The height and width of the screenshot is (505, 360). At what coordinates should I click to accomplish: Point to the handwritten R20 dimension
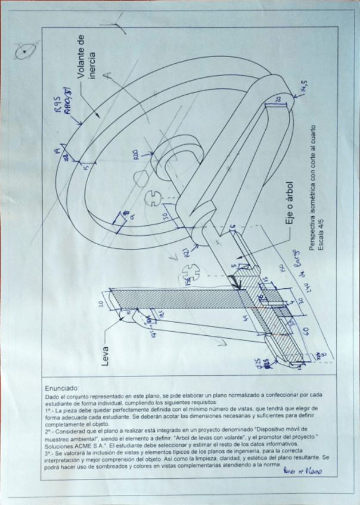[136, 156]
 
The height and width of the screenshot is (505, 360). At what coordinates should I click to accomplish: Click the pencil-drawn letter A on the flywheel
[108, 76]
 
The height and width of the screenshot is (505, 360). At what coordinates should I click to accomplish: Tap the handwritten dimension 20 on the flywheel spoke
[278, 100]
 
